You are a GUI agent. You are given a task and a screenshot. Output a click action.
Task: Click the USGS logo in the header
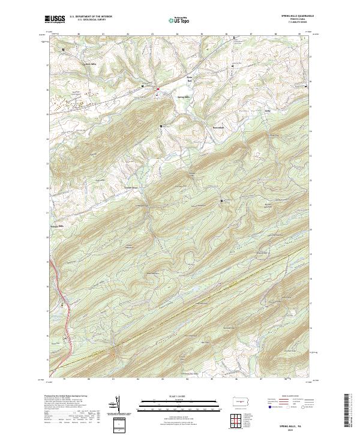point(55,19)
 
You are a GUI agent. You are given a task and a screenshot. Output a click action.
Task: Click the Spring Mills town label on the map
point(183,97)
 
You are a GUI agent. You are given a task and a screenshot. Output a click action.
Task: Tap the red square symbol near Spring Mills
point(158,90)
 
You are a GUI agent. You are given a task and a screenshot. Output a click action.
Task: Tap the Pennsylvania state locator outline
point(241,402)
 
